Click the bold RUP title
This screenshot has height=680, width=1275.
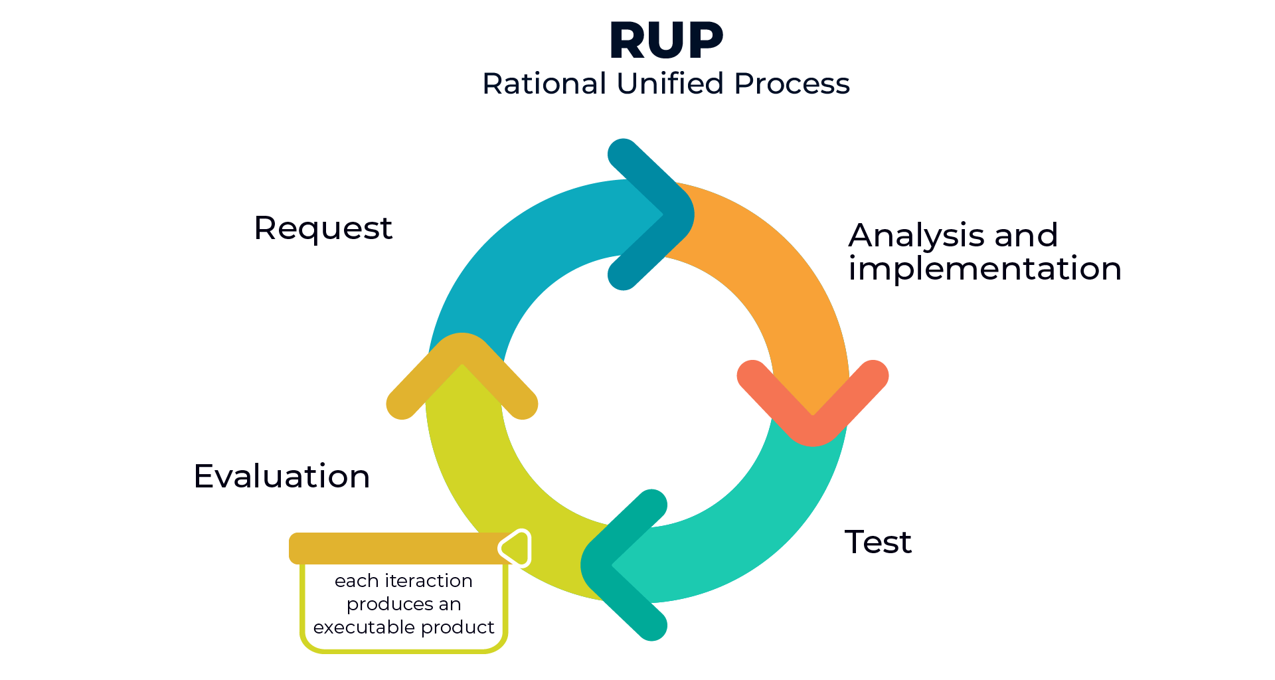click(x=665, y=41)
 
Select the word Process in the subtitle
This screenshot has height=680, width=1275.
click(x=792, y=84)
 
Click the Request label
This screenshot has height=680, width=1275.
click(x=323, y=228)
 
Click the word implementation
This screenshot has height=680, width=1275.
click(x=984, y=269)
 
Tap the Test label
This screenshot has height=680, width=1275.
click(x=878, y=542)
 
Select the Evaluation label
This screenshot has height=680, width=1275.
click(x=282, y=476)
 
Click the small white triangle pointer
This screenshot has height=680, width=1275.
click(x=517, y=548)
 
